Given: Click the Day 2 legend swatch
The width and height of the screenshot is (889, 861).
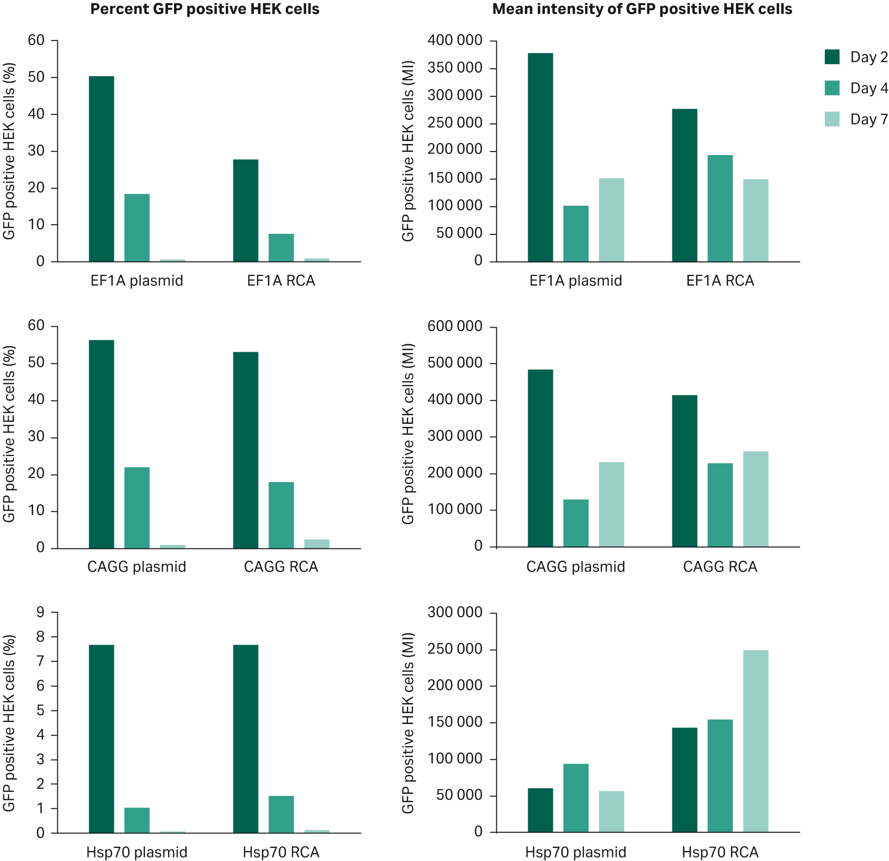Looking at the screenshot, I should [832, 57].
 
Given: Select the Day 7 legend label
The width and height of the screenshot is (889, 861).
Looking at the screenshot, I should [868, 119].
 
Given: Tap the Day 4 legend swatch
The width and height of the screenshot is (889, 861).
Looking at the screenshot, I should [832, 88].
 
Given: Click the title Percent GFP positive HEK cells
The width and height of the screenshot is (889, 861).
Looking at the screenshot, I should [205, 9].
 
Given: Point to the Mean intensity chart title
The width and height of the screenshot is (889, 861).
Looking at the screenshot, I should [642, 9].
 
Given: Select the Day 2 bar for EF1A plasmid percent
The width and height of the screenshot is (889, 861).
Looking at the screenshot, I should [101, 169].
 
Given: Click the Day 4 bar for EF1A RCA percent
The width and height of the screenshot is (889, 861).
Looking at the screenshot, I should [281, 247].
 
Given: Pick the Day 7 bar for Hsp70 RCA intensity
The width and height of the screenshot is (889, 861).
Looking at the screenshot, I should [756, 741].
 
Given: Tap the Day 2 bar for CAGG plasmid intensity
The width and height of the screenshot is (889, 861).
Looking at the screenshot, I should [540, 458].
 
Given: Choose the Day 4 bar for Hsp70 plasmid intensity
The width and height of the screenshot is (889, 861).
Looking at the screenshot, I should [576, 798].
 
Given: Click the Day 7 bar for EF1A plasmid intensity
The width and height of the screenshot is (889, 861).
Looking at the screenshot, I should [612, 220].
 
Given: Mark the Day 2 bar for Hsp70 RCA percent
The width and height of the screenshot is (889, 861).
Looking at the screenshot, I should [246, 739].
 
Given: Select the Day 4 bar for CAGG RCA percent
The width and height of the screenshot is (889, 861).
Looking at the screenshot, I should [281, 515].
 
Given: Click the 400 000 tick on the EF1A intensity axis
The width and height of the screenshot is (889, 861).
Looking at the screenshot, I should [455, 41].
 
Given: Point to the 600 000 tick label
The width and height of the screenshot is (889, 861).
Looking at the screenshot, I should [455, 327].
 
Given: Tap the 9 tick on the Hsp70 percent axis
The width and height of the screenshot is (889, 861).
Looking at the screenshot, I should [40, 613].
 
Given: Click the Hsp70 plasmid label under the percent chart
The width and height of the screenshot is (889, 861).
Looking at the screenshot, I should [136, 852].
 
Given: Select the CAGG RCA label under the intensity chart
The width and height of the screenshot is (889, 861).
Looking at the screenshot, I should [720, 567].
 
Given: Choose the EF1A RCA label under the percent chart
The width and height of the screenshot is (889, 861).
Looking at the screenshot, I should [281, 280].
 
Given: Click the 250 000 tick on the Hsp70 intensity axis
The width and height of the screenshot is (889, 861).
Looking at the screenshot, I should [455, 649].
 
